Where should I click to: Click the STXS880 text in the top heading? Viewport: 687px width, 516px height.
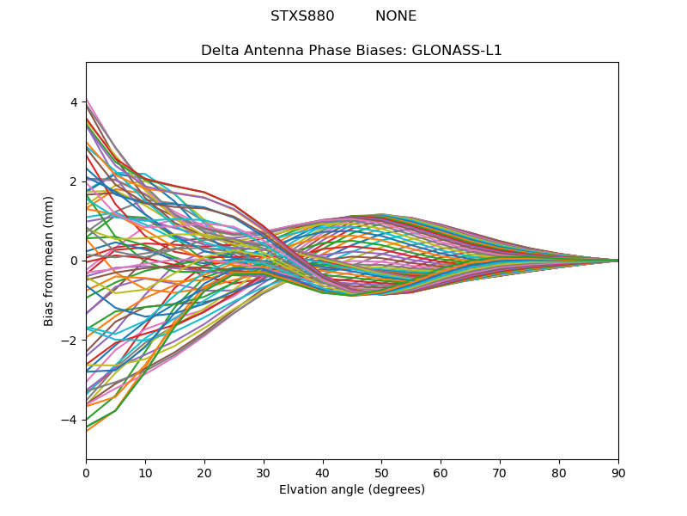coord(302,16)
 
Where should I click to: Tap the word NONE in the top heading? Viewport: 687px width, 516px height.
coord(396,16)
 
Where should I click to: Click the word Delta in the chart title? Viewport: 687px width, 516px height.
coord(220,51)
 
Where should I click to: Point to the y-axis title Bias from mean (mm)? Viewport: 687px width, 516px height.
coord(49,261)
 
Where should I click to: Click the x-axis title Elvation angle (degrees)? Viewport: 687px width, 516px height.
coord(352,490)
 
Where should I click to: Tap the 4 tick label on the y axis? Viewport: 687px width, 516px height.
coord(74,102)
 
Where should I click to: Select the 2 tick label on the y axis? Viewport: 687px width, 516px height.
coord(74,181)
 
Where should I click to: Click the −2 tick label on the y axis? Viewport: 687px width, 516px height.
coord(70,340)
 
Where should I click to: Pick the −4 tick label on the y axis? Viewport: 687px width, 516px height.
coord(70,420)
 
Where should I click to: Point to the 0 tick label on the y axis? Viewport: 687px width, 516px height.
coord(74,261)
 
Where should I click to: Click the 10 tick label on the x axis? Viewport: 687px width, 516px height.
coord(145,472)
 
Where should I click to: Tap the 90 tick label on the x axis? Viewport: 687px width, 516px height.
coord(618,472)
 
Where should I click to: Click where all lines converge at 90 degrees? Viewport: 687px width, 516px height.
coord(617,261)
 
